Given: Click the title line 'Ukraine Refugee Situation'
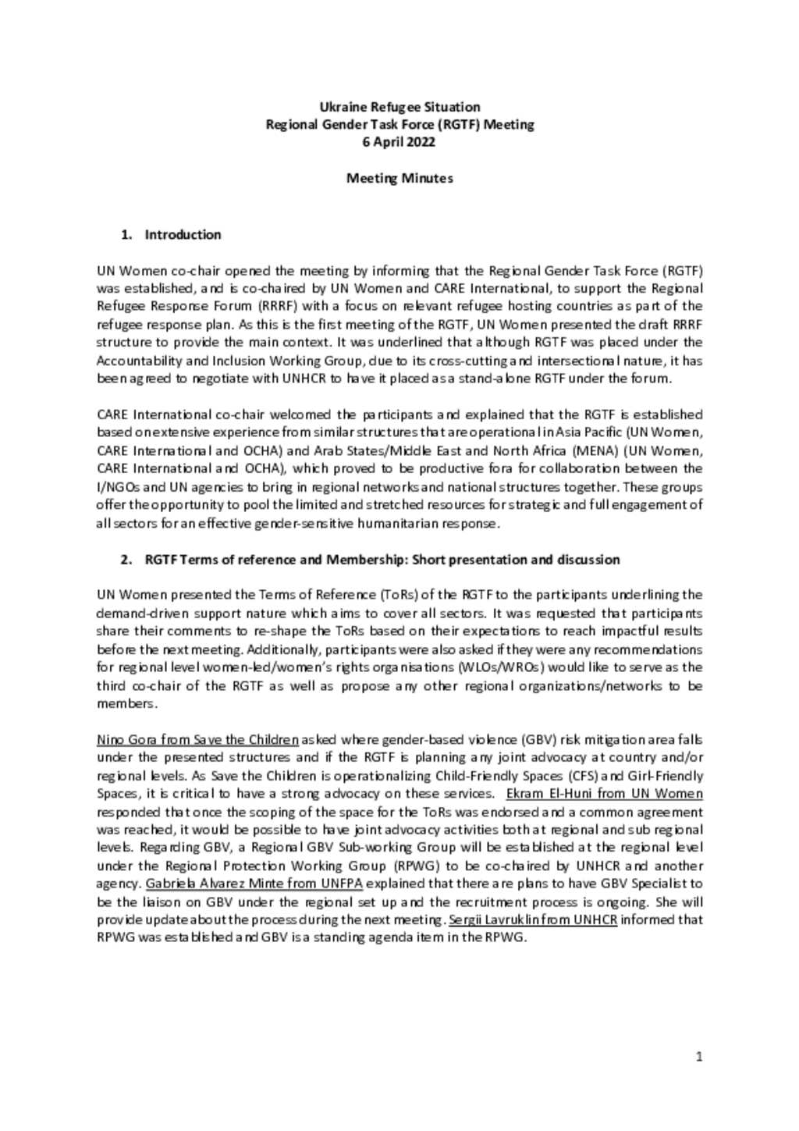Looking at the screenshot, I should [x=399, y=107].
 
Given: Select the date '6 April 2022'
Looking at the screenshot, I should [x=399, y=142].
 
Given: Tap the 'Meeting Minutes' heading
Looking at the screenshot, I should [x=399, y=178].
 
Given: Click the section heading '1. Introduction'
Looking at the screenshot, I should [x=171, y=234].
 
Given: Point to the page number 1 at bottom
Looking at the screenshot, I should [x=699, y=1057].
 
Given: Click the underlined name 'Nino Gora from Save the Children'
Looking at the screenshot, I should [x=197, y=739].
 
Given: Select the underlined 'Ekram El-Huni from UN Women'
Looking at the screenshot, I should [x=604, y=794].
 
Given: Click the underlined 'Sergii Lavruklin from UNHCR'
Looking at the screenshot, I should [x=533, y=919].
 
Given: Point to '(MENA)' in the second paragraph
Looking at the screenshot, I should [x=598, y=450].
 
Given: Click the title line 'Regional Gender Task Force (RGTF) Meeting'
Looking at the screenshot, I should [x=399, y=124].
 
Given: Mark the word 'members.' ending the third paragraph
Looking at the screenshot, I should [x=126, y=703].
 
